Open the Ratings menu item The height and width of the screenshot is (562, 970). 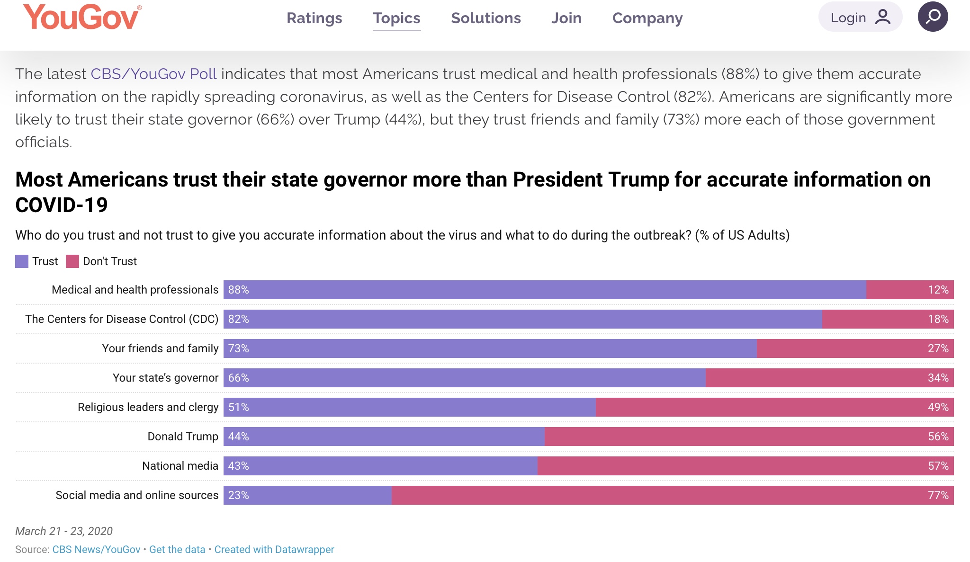(314, 18)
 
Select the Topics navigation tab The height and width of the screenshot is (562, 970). (396, 18)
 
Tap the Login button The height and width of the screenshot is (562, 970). (860, 18)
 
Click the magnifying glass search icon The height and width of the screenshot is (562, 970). (933, 17)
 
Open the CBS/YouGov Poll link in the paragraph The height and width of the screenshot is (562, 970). (153, 74)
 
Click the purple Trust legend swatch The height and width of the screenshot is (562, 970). (22, 261)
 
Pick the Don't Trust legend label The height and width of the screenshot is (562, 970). (109, 261)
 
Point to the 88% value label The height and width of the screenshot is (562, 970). (238, 290)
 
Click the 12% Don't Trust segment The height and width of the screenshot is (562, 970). (909, 290)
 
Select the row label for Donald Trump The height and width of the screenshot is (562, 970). (183, 437)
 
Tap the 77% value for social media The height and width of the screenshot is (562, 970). (938, 495)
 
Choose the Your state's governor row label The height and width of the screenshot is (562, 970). (165, 378)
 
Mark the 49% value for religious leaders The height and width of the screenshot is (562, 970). (938, 407)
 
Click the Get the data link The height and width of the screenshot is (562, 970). (177, 549)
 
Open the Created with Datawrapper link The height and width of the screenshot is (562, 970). (274, 549)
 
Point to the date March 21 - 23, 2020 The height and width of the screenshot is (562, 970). (64, 531)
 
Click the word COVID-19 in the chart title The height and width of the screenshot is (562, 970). (62, 205)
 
